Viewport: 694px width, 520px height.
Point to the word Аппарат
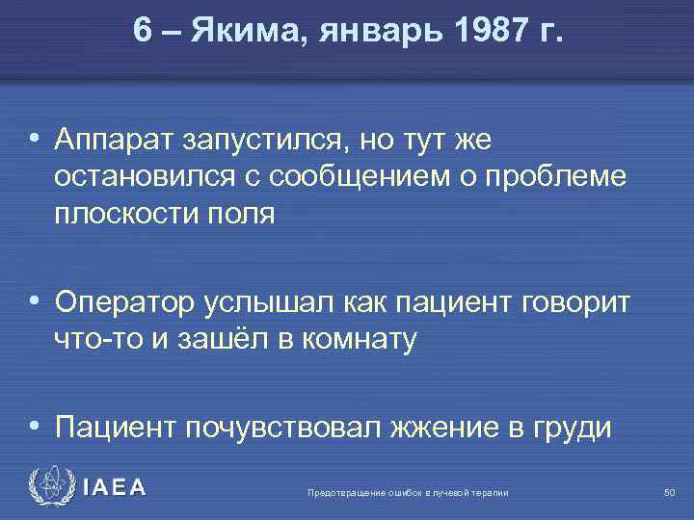pyautogui.click(x=110, y=142)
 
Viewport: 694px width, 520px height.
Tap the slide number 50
pyautogui.click(x=669, y=493)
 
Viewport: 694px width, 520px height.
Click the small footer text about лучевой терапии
pyautogui.click(x=408, y=494)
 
